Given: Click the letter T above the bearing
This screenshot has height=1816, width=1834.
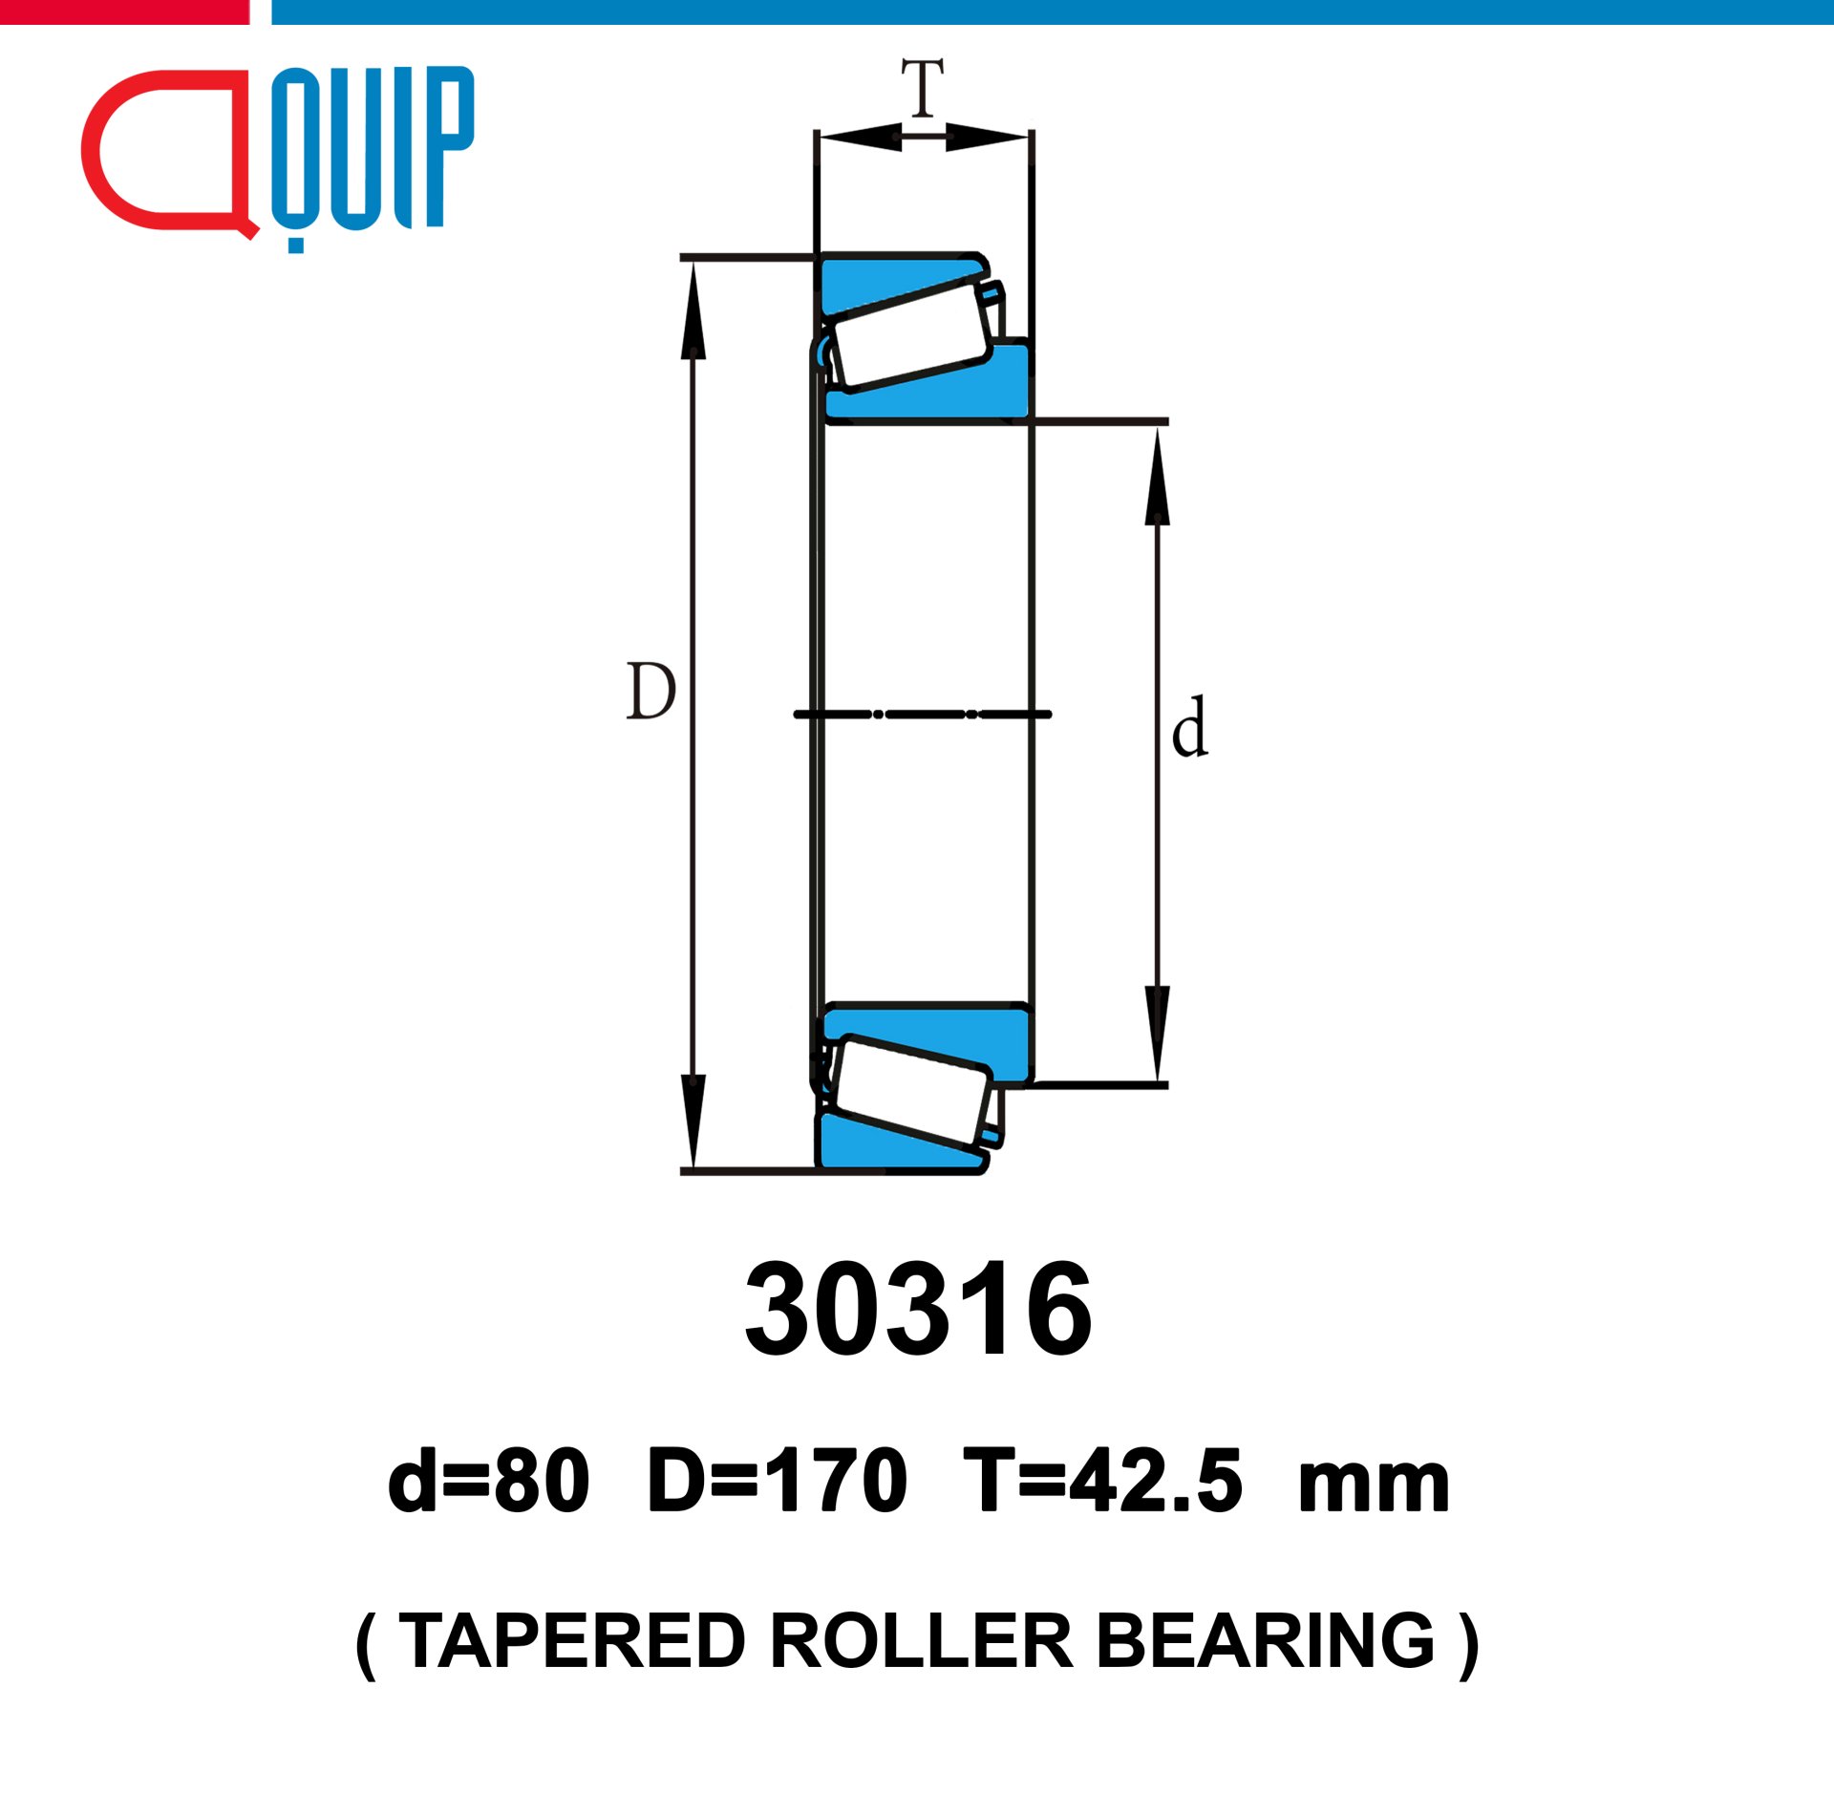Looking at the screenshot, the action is click(x=923, y=87).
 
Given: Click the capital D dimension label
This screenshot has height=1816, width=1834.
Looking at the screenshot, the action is click(x=651, y=691).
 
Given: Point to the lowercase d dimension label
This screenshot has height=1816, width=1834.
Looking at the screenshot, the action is click(x=1190, y=727).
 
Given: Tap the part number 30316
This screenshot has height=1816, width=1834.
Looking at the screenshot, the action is click(x=918, y=1310).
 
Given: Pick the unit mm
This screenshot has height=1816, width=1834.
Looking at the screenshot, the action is click(x=1374, y=1490).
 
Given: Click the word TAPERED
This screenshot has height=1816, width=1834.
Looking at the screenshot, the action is click(x=571, y=1641).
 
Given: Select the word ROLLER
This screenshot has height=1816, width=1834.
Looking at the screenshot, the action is click(x=922, y=1641).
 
